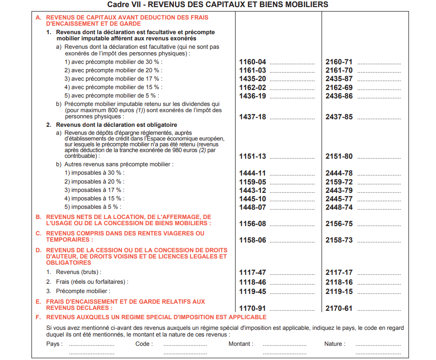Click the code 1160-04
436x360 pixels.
[x=252, y=62]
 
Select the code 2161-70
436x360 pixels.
[x=339, y=70]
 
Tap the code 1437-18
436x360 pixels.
[x=252, y=117]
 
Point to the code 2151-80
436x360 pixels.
[x=339, y=157]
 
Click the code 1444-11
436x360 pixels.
[x=252, y=173]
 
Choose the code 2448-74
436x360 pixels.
[x=339, y=207]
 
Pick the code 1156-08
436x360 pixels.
[x=252, y=224]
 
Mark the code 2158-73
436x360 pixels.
[x=339, y=240]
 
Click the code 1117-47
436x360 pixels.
[x=252, y=273]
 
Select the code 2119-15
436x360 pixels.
[x=339, y=292]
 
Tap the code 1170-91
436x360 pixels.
[x=252, y=309]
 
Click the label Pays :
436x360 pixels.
[x=55, y=344]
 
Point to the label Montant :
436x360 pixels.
[x=241, y=344]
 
